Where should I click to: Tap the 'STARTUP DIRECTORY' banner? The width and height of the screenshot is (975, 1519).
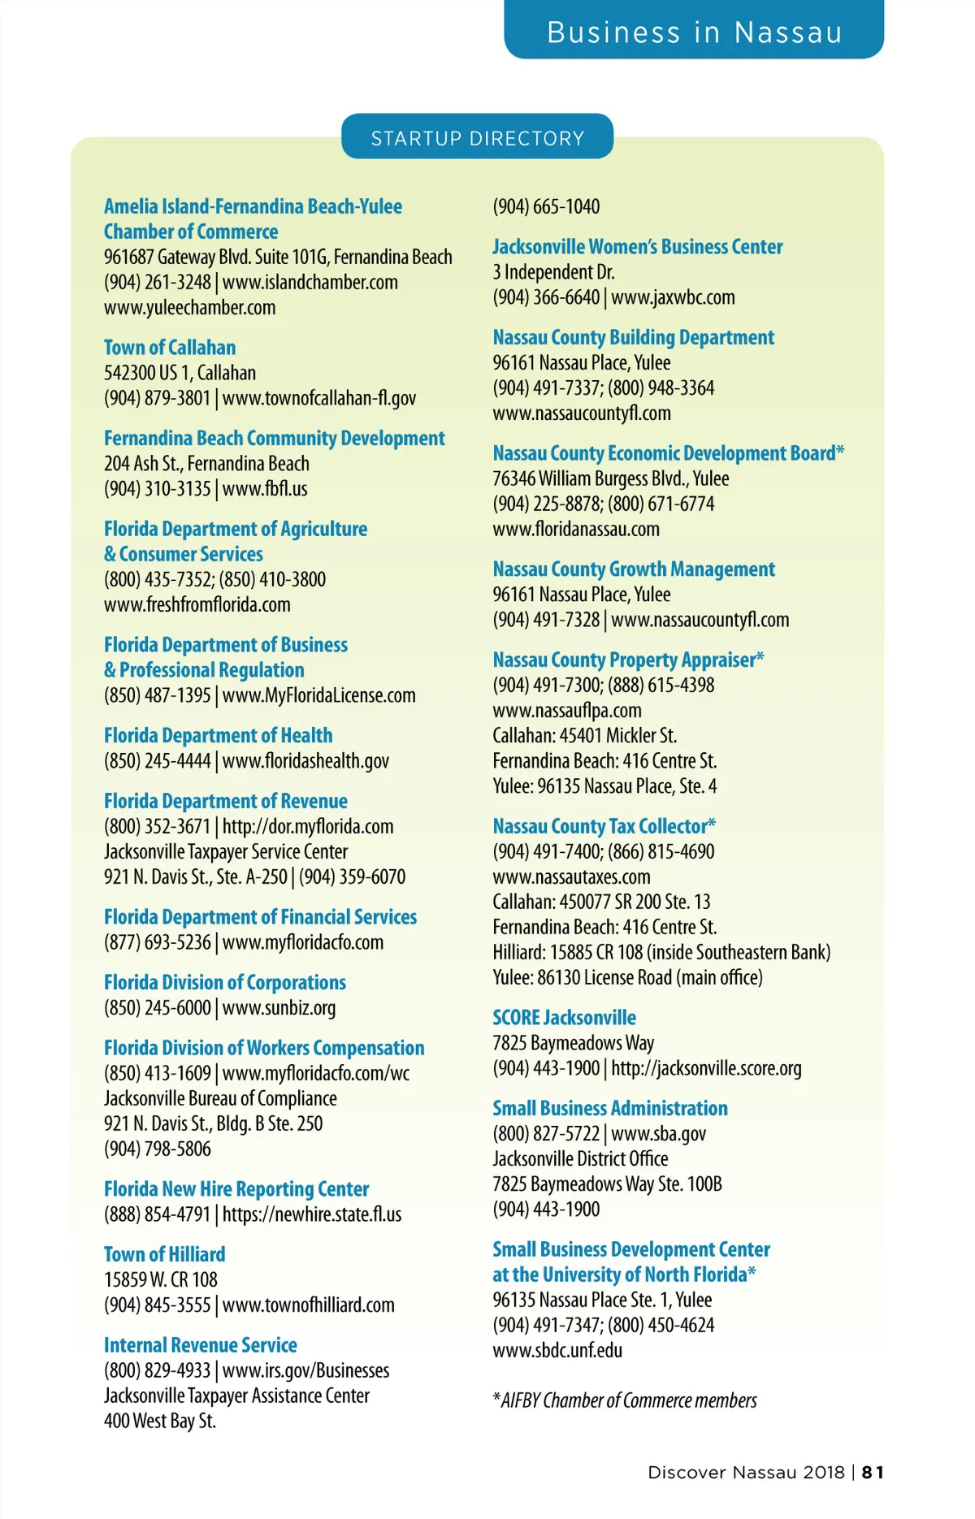coord(477,138)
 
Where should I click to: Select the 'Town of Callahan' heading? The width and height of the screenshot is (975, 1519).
coord(170,348)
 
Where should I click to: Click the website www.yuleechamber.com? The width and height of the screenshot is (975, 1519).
coord(189,308)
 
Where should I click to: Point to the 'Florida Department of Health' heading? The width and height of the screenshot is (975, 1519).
coord(218,736)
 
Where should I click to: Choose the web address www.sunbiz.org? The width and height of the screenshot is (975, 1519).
coord(279,1008)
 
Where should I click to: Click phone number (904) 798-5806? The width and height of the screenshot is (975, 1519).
coord(157,1149)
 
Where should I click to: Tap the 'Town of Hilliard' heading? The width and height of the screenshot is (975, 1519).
coord(164,1254)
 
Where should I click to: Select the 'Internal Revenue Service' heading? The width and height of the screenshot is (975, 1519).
coord(200,1345)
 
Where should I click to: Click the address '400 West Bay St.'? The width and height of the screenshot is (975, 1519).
coord(159,1421)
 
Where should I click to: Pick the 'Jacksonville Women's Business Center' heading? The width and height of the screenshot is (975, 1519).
coord(637,247)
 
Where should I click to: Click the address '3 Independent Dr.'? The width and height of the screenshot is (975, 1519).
coord(553,272)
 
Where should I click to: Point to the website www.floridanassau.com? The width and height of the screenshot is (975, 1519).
coord(575,530)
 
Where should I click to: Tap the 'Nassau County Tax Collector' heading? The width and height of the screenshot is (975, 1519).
coord(604,826)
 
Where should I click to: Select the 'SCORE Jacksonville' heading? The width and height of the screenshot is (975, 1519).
coord(564,1018)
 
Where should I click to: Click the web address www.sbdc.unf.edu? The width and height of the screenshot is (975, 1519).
coord(557,1351)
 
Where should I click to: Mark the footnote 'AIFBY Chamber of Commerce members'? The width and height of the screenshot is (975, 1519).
coord(628,1400)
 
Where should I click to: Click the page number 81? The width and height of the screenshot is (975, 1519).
coord(873,1473)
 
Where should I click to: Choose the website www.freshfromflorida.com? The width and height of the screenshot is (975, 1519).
coord(197,605)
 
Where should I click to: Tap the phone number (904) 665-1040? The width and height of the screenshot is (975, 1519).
coord(546,207)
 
